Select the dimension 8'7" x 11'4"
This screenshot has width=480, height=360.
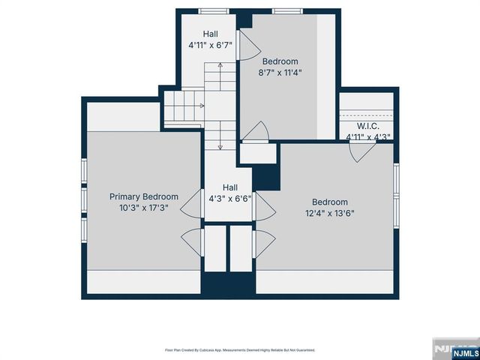(x=280, y=73)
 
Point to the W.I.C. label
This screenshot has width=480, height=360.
(x=367, y=126)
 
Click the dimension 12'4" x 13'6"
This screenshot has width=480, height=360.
(x=330, y=213)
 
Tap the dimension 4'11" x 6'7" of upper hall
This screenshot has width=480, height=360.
(x=210, y=45)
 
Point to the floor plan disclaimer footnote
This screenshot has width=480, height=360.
(x=240, y=350)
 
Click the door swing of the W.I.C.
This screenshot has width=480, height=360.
(x=361, y=151)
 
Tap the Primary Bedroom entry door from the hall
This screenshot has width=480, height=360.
(x=192, y=202)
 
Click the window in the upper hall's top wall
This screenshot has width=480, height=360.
(x=214, y=11)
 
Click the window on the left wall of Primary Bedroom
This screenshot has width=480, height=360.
(x=84, y=198)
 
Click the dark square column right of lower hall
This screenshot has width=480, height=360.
(x=265, y=177)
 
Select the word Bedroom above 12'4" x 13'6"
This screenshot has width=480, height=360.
(x=330, y=202)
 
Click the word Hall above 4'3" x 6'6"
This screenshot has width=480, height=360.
(x=230, y=187)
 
